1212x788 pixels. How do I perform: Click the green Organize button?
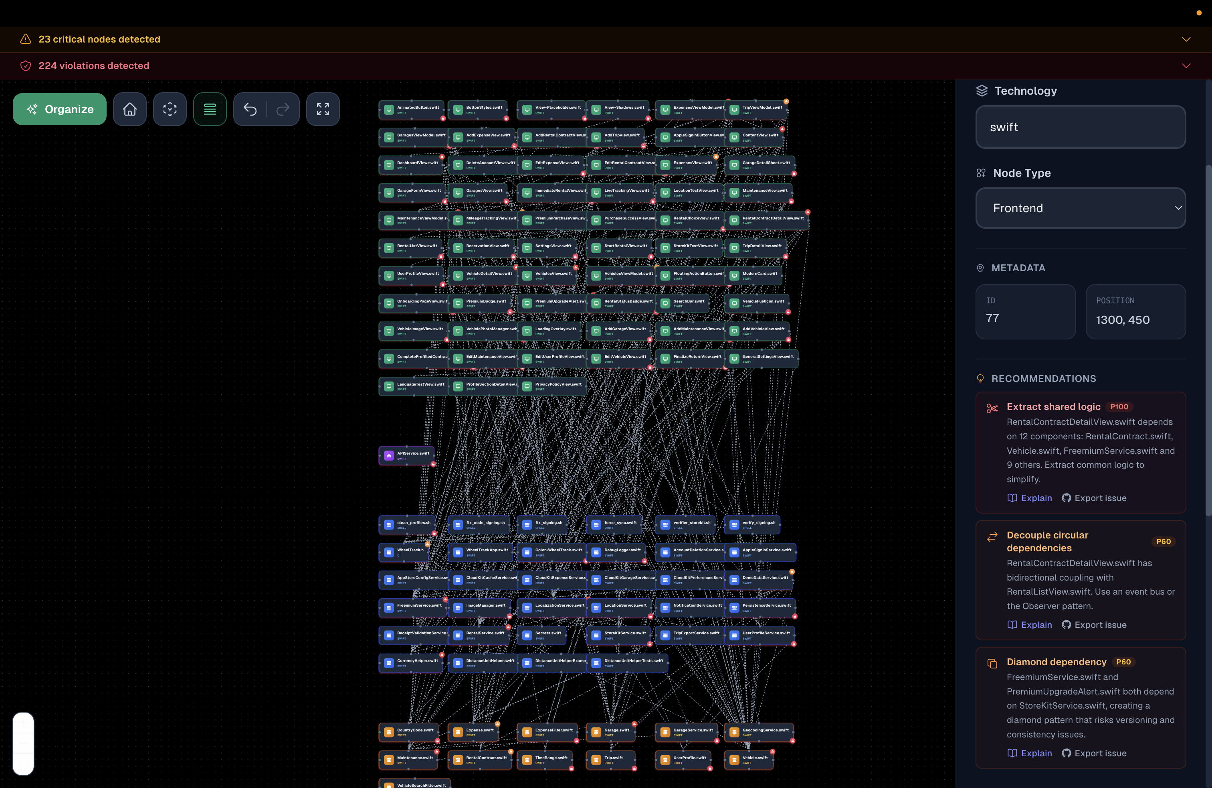pyautogui.click(x=60, y=109)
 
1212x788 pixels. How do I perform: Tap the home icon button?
pyautogui.click(x=130, y=109)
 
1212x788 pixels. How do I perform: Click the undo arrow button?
pyautogui.click(x=250, y=109)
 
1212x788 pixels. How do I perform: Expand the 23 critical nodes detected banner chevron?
pyautogui.click(x=1186, y=39)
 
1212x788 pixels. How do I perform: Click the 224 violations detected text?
pyautogui.click(x=94, y=66)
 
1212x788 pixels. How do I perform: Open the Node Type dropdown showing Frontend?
pyautogui.click(x=1080, y=208)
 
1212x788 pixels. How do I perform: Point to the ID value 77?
pyautogui.click(x=992, y=318)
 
